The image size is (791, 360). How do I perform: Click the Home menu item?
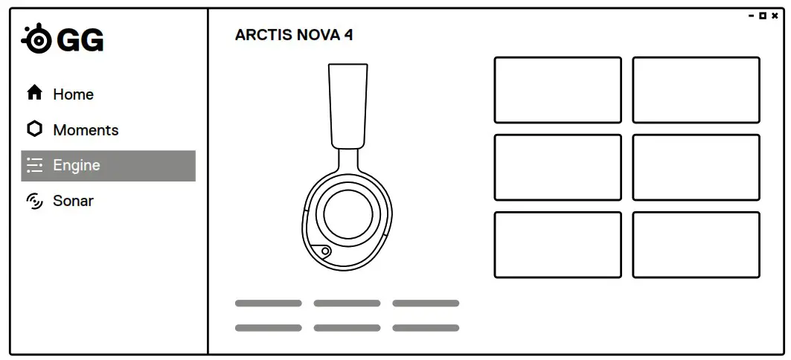[73, 94]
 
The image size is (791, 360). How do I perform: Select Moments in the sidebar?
[86, 130]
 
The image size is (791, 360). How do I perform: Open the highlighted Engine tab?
[108, 166]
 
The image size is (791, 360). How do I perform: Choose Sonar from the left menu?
[73, 201]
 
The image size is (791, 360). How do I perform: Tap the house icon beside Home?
[34, 93]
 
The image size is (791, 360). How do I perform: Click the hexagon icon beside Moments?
[34, 129]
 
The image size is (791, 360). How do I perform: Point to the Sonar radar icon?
[34, 201]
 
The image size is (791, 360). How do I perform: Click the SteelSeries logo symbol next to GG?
[36, 40]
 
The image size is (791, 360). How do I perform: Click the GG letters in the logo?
[80, 41]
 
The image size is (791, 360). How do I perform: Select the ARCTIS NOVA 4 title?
[294, 35]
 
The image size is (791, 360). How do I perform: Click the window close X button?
[775, 16]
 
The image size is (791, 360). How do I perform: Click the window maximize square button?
[763, 16]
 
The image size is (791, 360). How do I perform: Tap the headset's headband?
[348, 104]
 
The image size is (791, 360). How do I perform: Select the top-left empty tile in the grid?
[557, 90]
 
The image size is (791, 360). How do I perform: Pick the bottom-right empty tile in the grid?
[696, 245]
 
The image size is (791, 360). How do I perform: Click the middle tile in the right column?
[696, 167]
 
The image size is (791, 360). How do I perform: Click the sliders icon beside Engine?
[34, 166]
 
